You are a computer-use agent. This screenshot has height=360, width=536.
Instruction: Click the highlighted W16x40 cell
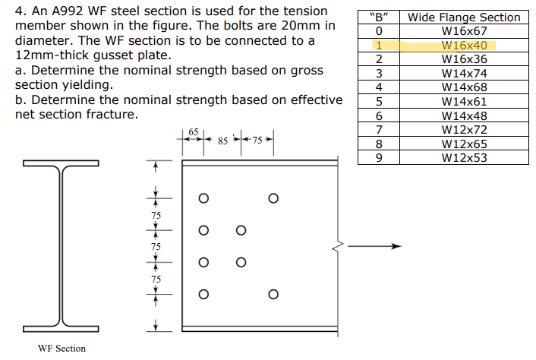(x=464, y=45)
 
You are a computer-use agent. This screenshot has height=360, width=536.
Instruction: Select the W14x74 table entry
(x=464, y=73)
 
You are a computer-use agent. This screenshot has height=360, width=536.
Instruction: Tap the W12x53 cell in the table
(x=464, y=158)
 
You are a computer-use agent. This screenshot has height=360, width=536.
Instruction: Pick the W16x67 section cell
(x=464, y=31)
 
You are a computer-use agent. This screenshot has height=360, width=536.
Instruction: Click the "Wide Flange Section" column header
(x=464, y=17)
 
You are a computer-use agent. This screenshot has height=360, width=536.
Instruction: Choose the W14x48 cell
(x=464, y=115)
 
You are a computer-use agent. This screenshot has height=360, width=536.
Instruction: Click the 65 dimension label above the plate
(x=194, y=132)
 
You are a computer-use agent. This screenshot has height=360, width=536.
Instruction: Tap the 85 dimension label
(x=223, y=141)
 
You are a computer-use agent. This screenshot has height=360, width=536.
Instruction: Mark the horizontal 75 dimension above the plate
(x=257, y=141)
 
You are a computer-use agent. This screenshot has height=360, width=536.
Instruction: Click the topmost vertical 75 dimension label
(x=156, y=215)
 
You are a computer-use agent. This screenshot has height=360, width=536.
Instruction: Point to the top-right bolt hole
(x=273, y=199)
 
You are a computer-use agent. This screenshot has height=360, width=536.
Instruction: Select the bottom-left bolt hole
(x=203, y=295)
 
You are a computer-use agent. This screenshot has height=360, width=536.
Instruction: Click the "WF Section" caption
(x=61, y=349)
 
